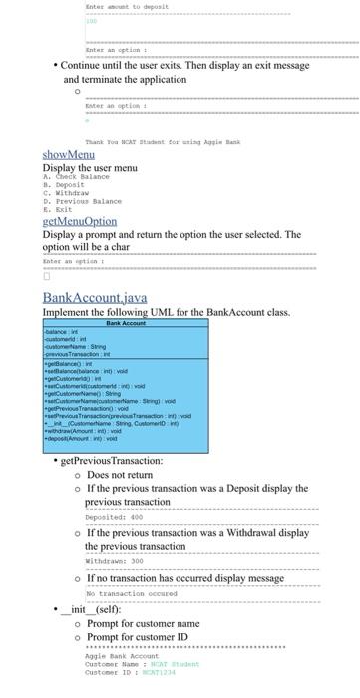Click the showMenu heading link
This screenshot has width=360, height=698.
tap(69, 154)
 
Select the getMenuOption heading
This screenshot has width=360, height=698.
tap(80, 221)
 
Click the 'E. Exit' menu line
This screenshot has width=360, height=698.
tap(63, 209)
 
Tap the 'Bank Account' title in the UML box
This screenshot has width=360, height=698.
tap(126, 295)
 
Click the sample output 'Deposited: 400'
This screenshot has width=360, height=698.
tap(113, 517)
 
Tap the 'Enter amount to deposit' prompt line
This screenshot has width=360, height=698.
tap(127, 6)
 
